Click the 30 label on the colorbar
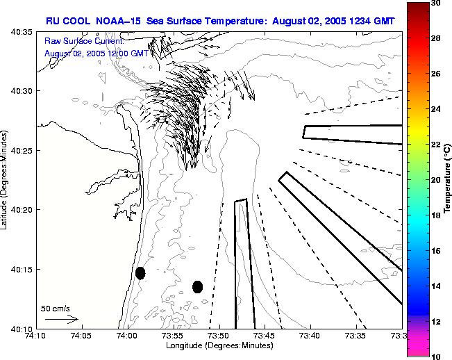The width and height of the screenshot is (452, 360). pos(435,3)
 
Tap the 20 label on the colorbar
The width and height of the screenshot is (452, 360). pos(435,180)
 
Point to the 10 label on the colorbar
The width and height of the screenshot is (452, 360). pos(435,356)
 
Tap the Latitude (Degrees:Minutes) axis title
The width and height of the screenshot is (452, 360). pos(6,179)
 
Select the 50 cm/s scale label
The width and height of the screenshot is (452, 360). pos(55,309)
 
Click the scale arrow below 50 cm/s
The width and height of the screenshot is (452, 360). pos(61,320)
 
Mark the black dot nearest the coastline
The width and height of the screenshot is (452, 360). pos(140,273)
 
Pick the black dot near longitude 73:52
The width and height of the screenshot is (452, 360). pos(197,286)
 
